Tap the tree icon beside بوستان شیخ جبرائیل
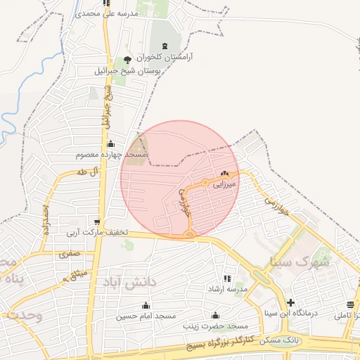point(127,60)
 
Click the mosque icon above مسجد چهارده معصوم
point(111,143)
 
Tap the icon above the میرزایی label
point(225,174)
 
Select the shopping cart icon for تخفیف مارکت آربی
point(93,219)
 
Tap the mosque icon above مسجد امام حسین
point(146,305)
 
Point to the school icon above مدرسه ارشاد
point(226,278)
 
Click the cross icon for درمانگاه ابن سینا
point(290,302)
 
